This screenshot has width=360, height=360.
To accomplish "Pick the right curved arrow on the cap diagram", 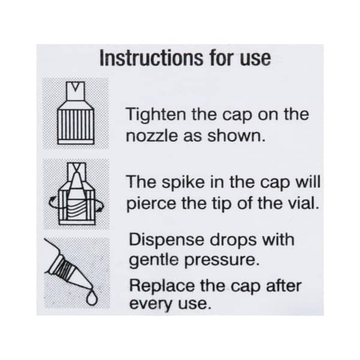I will coord(99,204).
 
